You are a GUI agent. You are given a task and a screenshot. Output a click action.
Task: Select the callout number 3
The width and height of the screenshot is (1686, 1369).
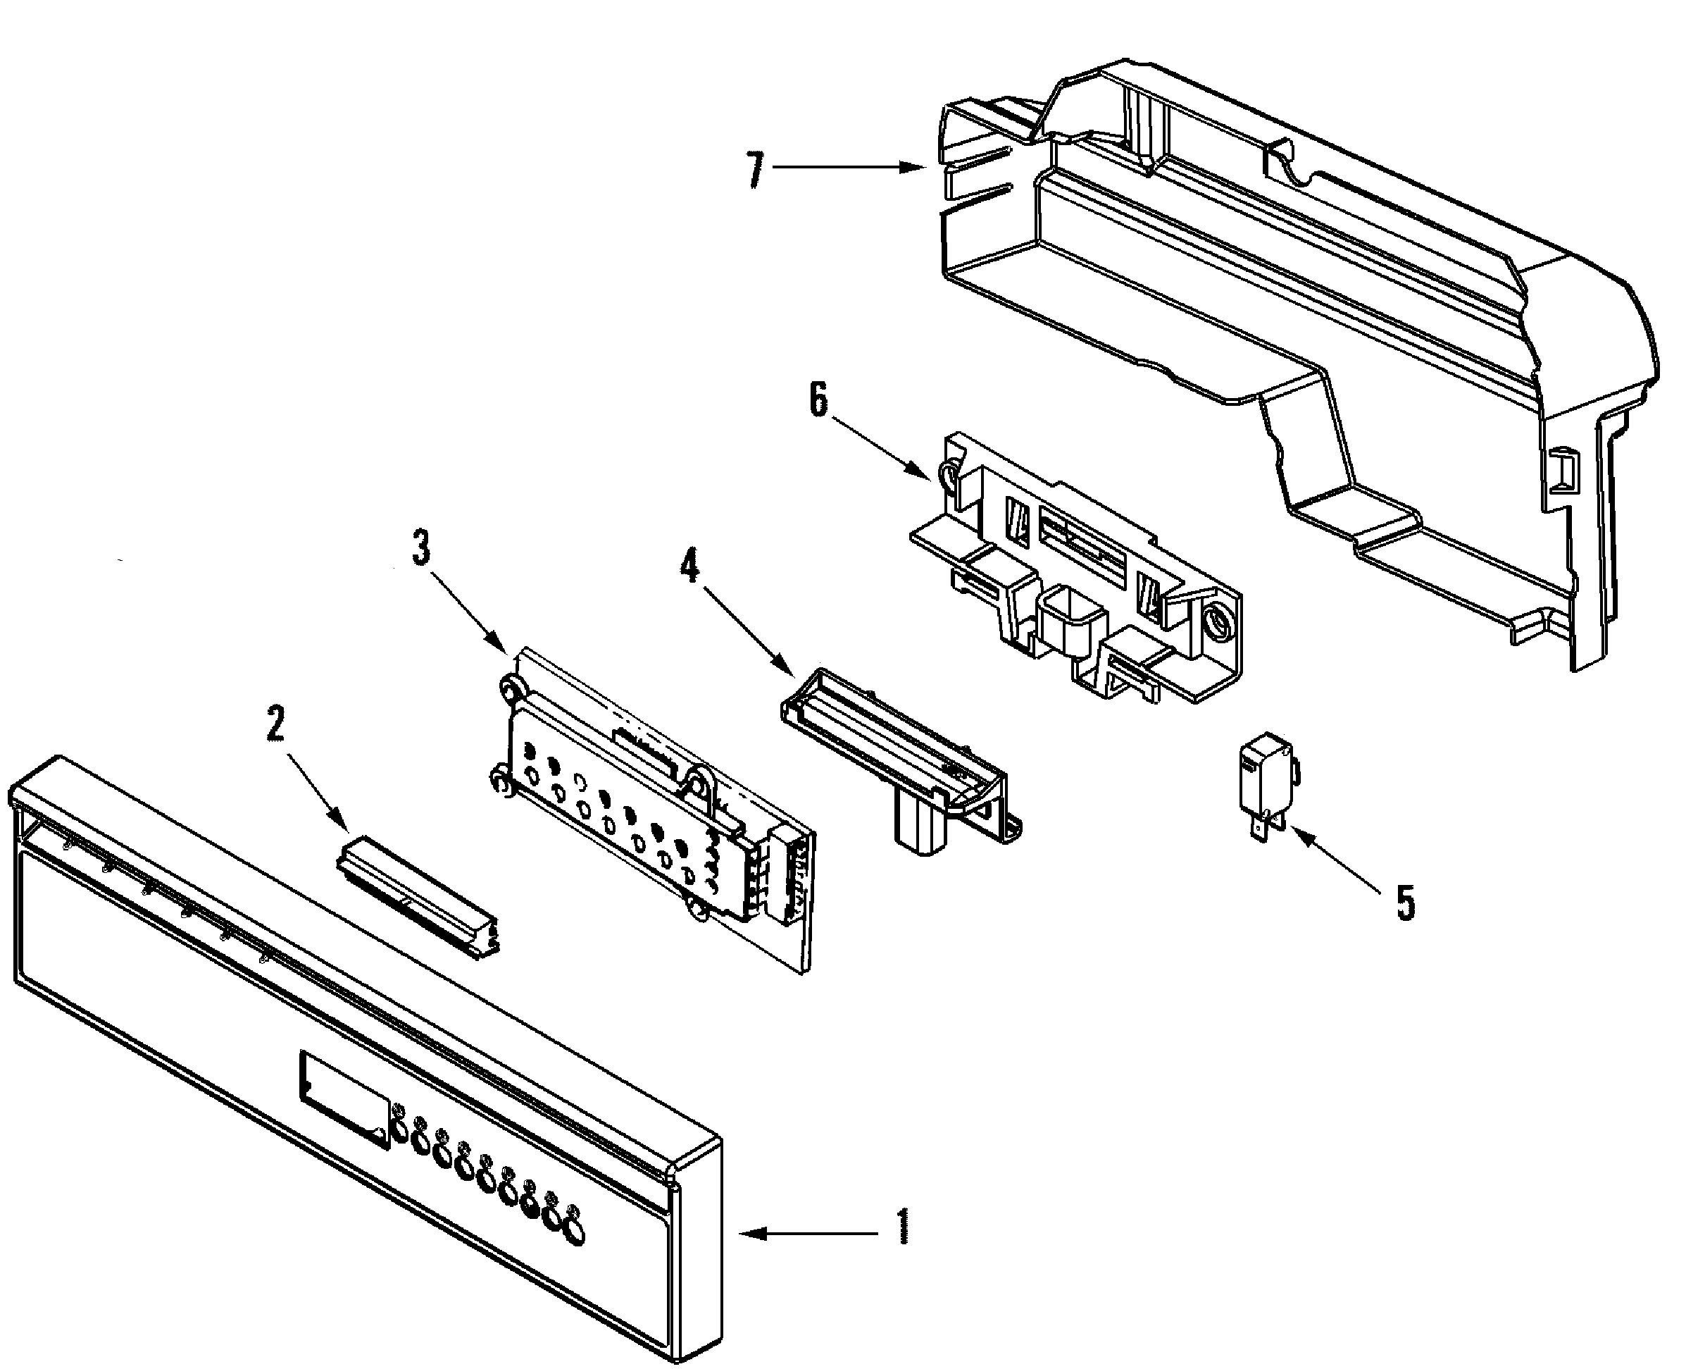[422, 547]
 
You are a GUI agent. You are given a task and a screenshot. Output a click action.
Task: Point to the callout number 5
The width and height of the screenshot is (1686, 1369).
[1406, 903]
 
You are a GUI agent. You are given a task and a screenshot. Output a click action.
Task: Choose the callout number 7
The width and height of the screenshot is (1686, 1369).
[755, 170]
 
